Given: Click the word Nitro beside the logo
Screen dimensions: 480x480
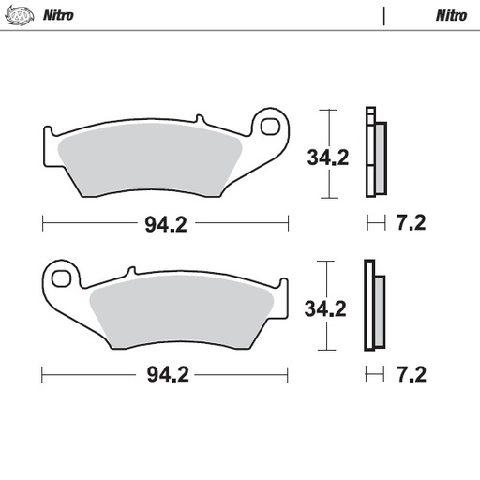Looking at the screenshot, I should [x=58, y=15].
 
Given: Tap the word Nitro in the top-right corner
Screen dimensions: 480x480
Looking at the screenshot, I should [x=451, y=15].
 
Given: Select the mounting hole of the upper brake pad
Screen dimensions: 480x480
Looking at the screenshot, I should [x=272, y=125].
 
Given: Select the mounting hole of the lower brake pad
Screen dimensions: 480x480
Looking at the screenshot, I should [x=63, y=277].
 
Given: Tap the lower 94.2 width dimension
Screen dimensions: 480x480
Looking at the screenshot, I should [x=167, y=375].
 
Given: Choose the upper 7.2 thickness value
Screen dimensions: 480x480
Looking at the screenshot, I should [x=412, y=224].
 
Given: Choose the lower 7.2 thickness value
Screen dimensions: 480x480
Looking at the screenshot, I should [x=412, y=375].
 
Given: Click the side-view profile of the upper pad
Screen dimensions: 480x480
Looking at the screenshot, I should [x=374, y=154].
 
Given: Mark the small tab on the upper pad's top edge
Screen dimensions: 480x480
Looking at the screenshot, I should [x=200, y=119].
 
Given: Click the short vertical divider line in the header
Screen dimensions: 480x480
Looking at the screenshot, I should [x=383, y=15].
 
